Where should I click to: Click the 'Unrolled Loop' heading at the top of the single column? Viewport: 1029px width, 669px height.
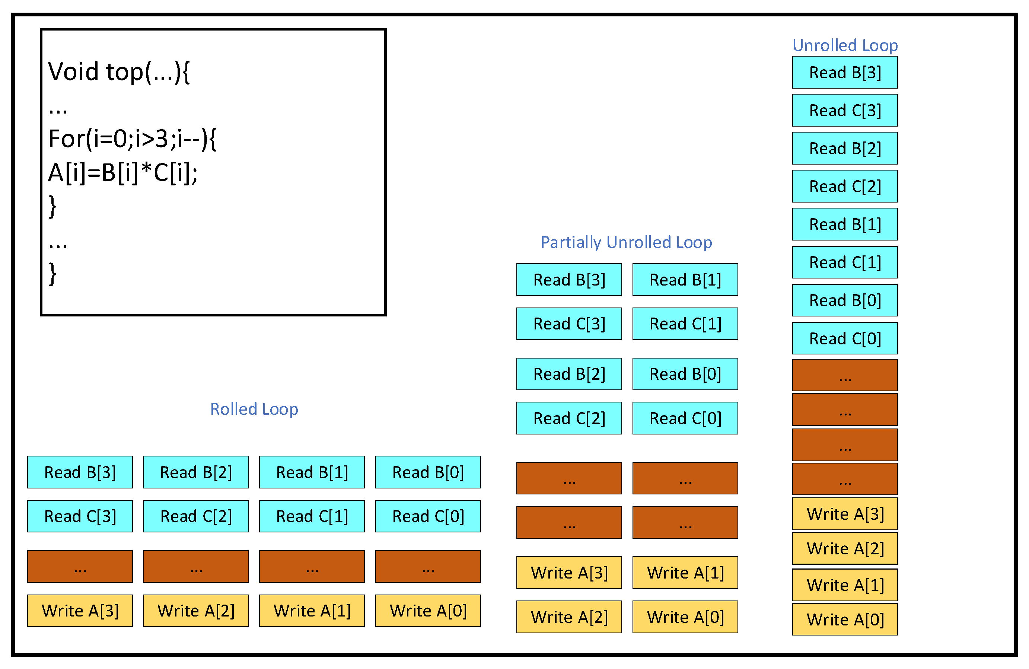[845, 45]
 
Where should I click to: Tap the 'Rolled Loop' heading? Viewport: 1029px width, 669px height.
[254, 409]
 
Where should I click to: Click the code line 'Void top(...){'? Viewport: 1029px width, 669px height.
[119, 72]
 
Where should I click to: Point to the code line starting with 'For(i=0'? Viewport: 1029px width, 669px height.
[132, 139]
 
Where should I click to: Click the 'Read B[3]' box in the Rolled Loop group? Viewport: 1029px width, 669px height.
[80, 472]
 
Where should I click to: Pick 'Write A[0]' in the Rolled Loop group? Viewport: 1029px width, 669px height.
[428, 611]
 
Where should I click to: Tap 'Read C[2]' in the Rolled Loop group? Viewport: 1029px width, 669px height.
[196, 516]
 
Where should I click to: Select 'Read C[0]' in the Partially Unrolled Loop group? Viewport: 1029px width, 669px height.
[685, 418]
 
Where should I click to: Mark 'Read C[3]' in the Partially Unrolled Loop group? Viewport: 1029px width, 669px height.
[569, 324]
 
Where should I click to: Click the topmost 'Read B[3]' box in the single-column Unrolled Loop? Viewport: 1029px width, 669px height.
[845, 73]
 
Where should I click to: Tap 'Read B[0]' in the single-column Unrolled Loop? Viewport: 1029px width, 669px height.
[845, 300]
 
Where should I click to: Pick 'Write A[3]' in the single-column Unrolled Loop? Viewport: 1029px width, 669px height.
[845, 514]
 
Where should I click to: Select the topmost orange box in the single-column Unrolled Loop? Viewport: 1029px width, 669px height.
[845, 375]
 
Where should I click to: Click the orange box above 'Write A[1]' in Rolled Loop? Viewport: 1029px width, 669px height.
[312, 567]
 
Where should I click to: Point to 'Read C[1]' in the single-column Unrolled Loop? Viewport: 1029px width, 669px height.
[845, 262]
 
